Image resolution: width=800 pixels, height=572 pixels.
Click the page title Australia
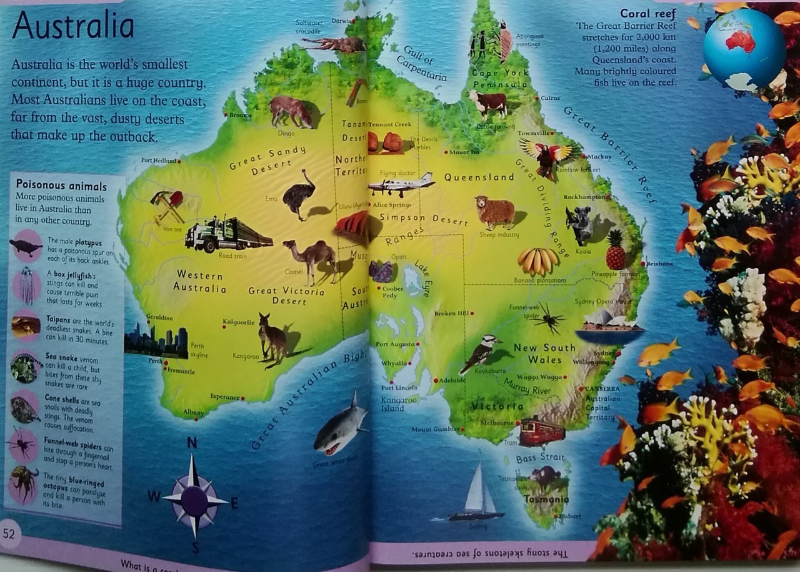click(x=73, y=27)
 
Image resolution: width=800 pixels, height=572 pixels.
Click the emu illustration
click(x=297, y=194)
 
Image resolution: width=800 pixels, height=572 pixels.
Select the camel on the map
click(x=311, y=257)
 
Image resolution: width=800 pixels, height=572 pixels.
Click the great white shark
click(x=340, y=425)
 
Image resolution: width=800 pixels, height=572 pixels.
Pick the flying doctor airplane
click(x=401, y=184)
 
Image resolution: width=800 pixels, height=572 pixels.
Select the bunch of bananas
click(x=537, y=260)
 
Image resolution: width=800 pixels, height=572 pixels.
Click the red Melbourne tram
click(x=541, y=430)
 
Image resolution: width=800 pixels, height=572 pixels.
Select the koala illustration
click(x=579, y=225)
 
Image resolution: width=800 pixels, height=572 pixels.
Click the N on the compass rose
click(x=192, y=443)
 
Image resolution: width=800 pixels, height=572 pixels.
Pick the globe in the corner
click(x=744, y=49)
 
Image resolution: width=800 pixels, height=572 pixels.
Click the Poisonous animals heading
click(x=61, y=185)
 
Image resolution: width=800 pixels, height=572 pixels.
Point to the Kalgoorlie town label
click(x=238, y=322)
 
